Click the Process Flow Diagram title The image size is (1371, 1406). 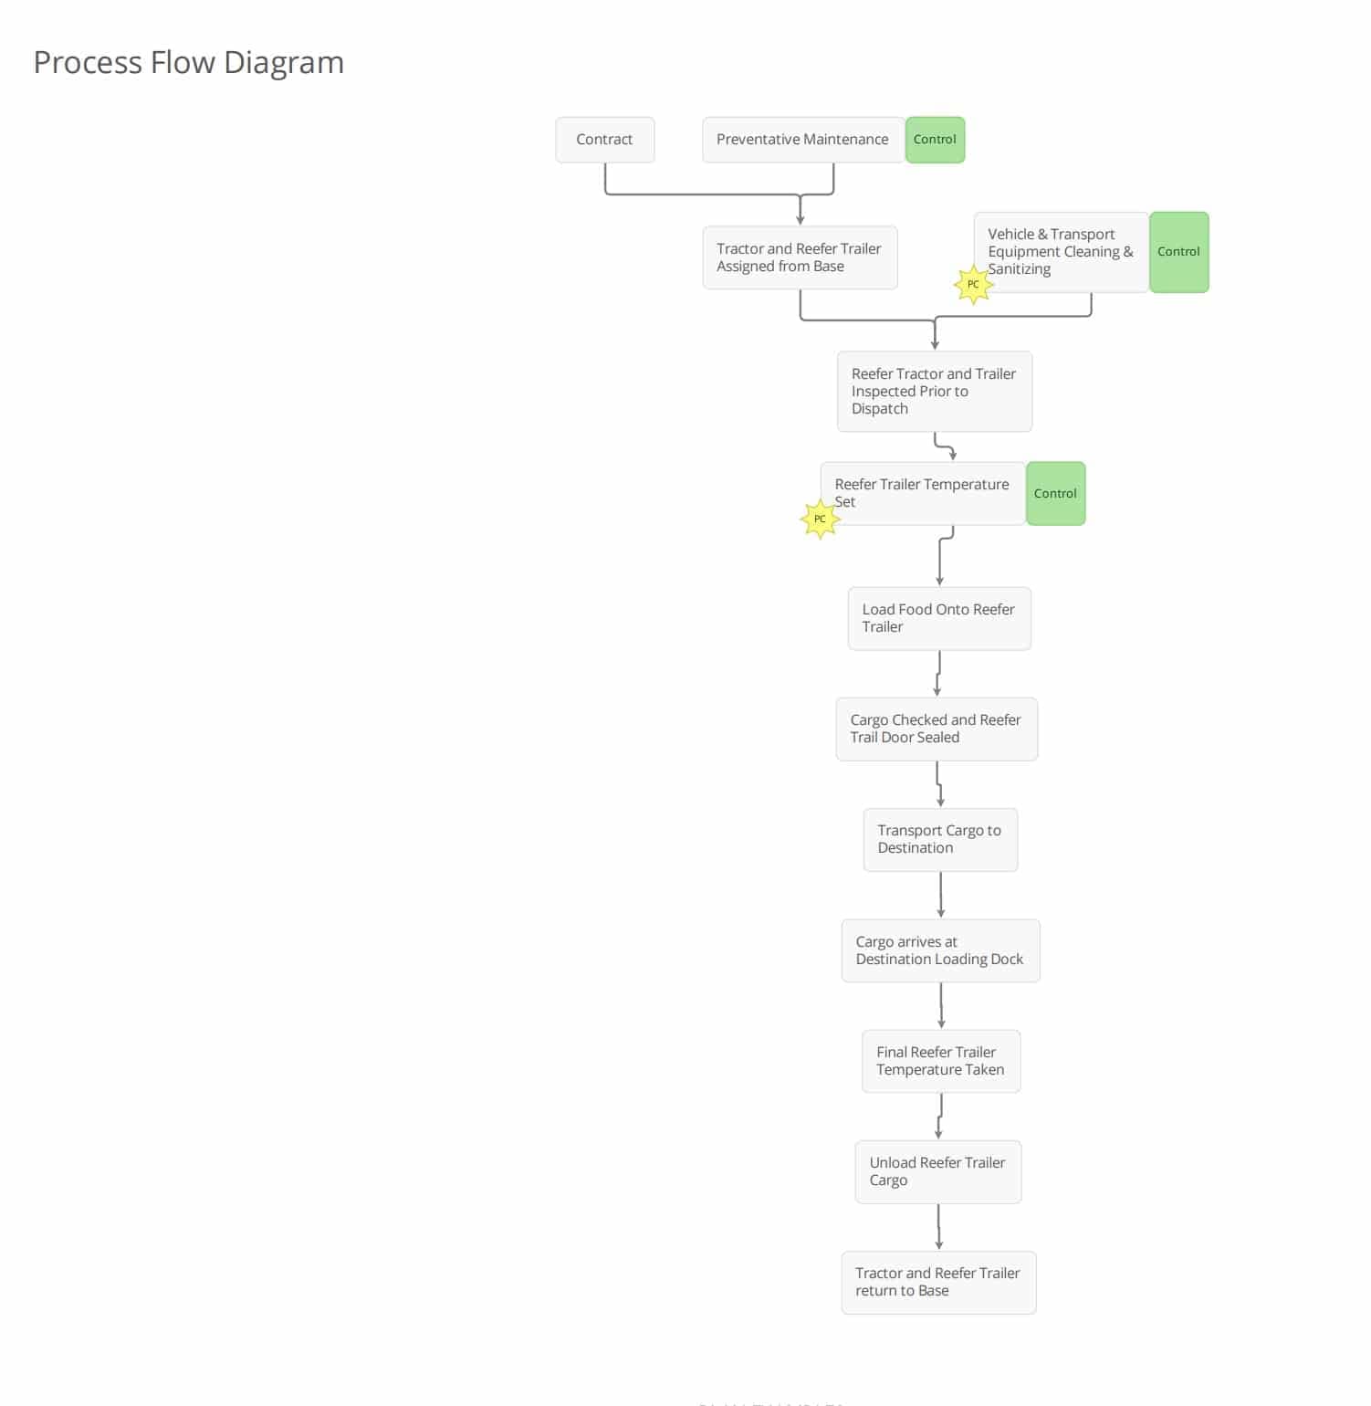click(189, 62)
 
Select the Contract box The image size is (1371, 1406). click(605, 140)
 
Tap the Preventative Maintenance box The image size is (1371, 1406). click(803, 140)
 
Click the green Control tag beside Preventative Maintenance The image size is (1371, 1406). click(935, 140)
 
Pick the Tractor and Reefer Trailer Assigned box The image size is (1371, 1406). click(801, 257)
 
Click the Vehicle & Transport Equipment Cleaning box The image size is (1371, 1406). click(1062, 252)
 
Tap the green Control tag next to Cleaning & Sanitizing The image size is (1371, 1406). click(1178, 252)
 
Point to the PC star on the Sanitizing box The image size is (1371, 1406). click(973, 285)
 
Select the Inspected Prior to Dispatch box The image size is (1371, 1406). click(935, 392)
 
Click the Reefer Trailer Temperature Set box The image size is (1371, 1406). click(923, 493)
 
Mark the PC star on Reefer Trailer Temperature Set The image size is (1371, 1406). click(820, 519)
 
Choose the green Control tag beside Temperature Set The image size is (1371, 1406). click(1055, 493)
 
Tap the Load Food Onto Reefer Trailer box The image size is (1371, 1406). click(939, 618)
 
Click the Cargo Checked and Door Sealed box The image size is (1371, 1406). click(937, 729)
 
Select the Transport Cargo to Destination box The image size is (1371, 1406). click(940, 839)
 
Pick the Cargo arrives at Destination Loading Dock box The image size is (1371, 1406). click(940, 950)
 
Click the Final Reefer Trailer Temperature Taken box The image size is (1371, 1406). click(941, 1061)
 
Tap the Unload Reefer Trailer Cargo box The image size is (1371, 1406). click(938, 1171)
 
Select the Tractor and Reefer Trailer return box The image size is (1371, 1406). click(938, 1282)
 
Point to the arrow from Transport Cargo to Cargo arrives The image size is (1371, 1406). click(941, 895)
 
